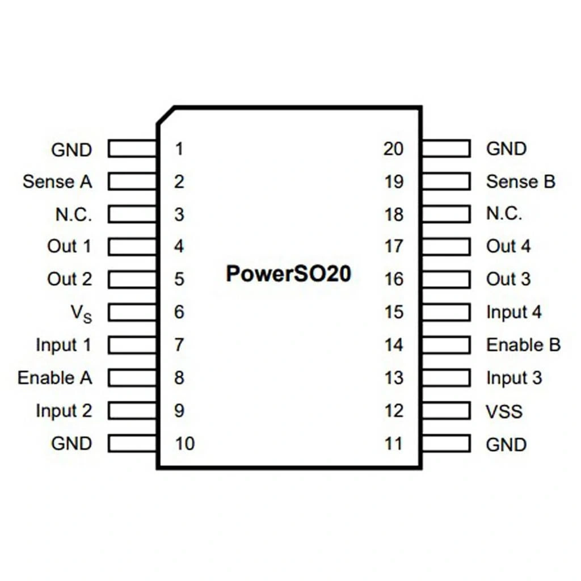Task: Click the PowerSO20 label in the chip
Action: [288, 273]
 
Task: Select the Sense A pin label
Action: [57, 182]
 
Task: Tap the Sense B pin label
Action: [520, 182]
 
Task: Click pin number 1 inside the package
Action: [179, 149]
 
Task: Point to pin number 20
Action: [393, 149]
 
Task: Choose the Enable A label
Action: [54, 378]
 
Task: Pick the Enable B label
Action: [523, 345]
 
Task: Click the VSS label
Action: [504, 411]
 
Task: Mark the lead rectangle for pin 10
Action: [133, 443]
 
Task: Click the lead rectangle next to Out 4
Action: [446, 247]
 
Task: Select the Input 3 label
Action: [514, 378]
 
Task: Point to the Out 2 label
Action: [69, 279]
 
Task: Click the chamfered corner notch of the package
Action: [165, 115]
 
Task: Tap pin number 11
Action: [393, 444]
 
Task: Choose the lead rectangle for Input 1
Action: [133, 345]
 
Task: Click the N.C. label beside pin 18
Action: [504, 214]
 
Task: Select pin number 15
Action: [393, 312]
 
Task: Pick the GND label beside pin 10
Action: [71, 443]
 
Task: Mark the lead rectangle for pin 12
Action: [446, 411]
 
